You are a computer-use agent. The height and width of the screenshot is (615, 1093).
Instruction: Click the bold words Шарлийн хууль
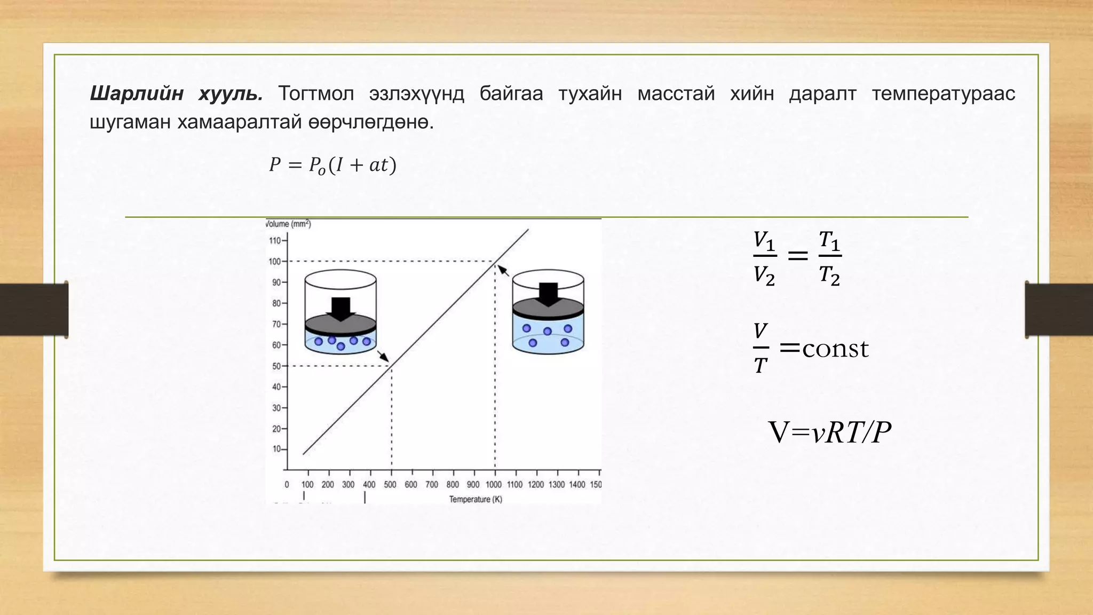coord(176,94)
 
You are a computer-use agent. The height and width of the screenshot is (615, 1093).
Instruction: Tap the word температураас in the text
coord(943,94)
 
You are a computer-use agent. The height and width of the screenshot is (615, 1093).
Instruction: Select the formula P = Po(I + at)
coord(332,165)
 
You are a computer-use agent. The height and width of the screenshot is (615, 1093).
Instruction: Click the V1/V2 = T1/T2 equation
coord(797,257)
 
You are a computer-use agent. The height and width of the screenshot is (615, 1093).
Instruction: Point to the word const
coord(835,349)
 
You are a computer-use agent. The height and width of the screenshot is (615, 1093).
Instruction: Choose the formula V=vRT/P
coord(829,432)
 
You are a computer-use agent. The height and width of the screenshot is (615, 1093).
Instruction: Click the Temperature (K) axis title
coord(475,500)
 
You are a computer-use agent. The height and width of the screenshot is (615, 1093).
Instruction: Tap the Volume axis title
coord(288,224)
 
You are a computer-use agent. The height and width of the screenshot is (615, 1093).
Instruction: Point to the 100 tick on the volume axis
coord(274,262)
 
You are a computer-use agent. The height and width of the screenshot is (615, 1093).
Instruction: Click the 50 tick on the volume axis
coord(276,366)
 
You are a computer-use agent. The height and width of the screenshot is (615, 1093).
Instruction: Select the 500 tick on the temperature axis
coord(390,485)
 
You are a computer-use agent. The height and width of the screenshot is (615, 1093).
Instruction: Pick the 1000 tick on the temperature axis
coord(494,485)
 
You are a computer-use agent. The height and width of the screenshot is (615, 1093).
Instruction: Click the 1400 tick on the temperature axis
coord(577,485)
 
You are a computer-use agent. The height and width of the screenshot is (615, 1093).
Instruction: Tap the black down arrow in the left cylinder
coord(340,308)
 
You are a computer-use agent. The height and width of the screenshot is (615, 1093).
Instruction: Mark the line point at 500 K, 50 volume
coord(392,366)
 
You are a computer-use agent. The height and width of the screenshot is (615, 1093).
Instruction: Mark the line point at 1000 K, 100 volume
coord(495,262)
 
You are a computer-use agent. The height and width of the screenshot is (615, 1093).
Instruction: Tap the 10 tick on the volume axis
coord(276,450)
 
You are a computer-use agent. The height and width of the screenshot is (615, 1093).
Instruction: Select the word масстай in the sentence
coord(676,94)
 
